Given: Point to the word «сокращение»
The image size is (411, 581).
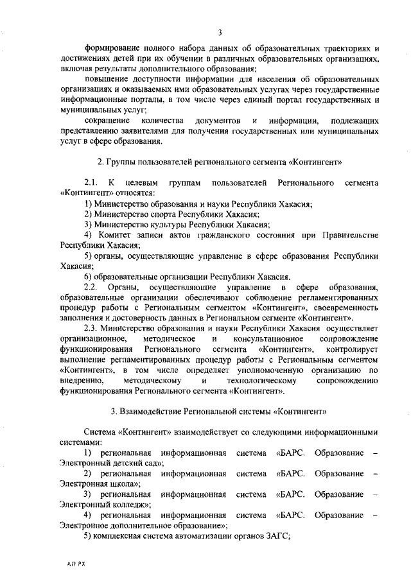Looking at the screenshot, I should pos(107,121).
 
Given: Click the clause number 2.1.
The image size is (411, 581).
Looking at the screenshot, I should pos(92,184).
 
